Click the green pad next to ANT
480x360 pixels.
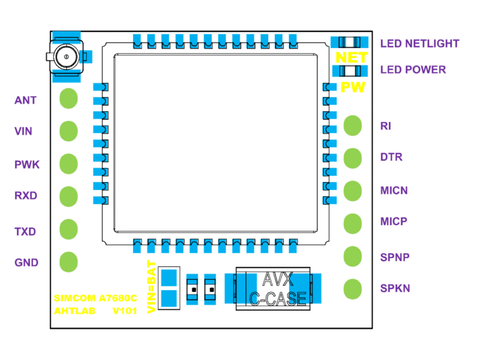[68, 99]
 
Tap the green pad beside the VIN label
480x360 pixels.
[68, 131]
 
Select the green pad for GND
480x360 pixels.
[68, 261]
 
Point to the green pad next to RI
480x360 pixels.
[353, 125]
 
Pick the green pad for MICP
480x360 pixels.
[353, 222]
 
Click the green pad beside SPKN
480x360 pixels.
[353, 288]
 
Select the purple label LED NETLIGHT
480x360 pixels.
[419, 44]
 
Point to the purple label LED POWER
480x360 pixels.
[413, 69]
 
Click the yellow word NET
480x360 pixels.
[352, 57]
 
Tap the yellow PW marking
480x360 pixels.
[352, 87]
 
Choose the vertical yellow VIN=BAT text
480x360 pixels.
[151, 286]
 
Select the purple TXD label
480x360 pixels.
[26, 232]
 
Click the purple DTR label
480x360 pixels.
[391, 157]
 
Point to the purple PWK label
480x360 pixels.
[27, 165]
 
